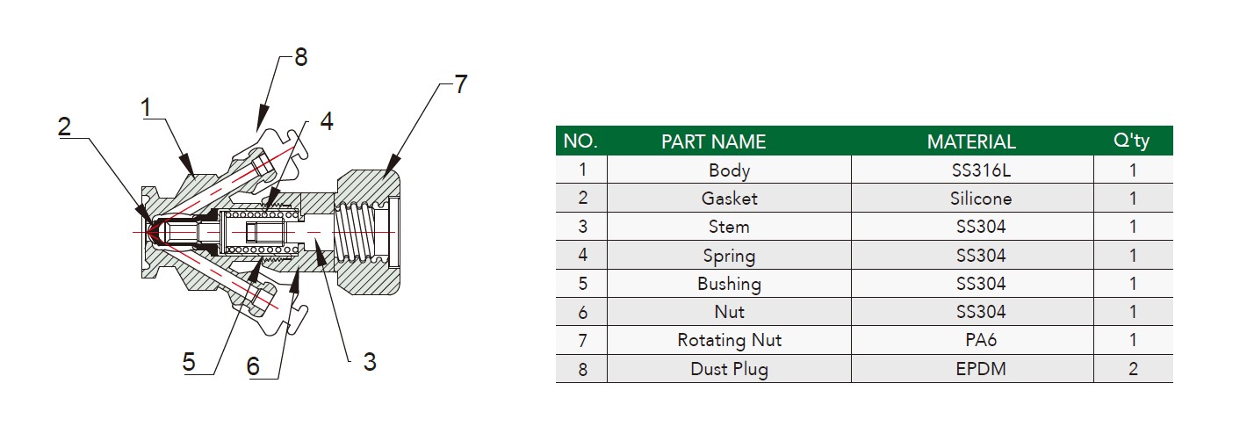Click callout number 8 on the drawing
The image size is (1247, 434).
click(x=300, y=57)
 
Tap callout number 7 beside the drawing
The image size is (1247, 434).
click(x=460, y=84)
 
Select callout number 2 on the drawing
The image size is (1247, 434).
click(x=65, y=126)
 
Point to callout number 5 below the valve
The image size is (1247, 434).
click(x=189, y=362)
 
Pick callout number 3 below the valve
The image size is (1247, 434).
click(x=370, y=362)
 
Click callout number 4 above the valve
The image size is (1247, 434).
click(x=327, y=121)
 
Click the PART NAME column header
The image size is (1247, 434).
click(x=713, y=141)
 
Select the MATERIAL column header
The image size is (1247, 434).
click(x=971, y=141)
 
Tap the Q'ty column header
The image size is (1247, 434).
click(x=1131, y=141)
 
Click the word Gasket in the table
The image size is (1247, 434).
click(x=729, y=199)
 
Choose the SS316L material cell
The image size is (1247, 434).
click(x=981, y=170)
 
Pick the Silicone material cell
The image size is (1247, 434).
click(x=981, y=199)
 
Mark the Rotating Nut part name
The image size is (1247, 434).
click(x=729, y=340)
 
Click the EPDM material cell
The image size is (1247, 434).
click(x=981, y=369)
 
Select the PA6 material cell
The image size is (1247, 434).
click(x=981, y=340)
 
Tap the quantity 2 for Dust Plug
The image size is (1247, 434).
click(x=1133, y=369)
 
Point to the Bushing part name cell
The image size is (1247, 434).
click(x=729, y=284)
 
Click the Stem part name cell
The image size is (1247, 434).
click(x=729, y=227)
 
